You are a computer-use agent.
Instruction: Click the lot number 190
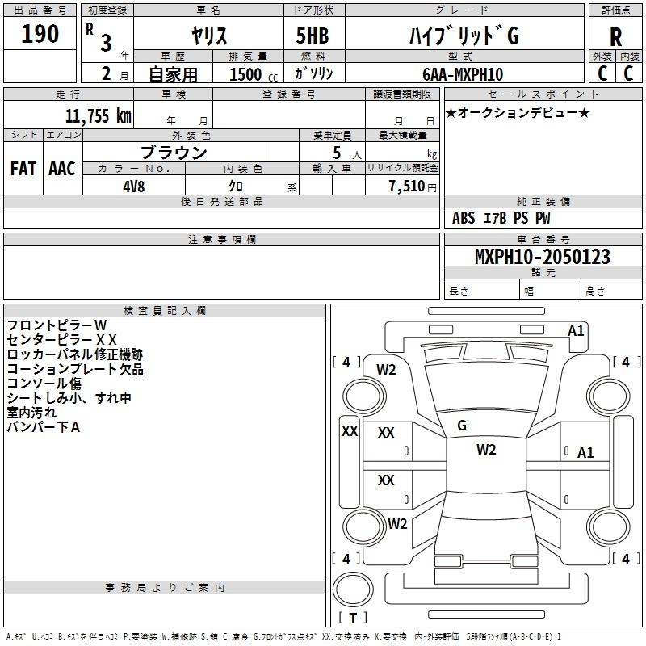point(40,34)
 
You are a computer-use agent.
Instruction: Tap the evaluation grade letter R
point(615,37)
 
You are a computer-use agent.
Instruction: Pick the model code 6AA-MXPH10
point(463,74)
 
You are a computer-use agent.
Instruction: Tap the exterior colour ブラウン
point(174,152)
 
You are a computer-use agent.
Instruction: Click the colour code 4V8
point(134,184)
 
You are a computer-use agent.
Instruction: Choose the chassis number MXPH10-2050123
point(542,258)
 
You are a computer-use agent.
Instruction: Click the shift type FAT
point(23,169)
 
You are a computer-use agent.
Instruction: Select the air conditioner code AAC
point(61,169)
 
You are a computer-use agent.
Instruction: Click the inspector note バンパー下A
point(43,427)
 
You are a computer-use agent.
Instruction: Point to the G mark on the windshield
point(462,426)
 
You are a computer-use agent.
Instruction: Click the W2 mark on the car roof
point(485,450)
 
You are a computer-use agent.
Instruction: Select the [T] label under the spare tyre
point(353,619)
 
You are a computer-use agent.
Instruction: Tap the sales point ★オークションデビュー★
point(518,112)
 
